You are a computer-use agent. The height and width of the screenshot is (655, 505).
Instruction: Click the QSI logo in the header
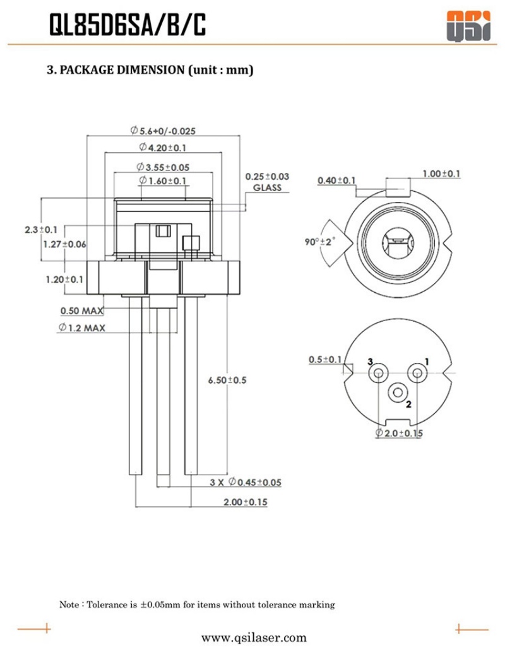(x=468, y=26)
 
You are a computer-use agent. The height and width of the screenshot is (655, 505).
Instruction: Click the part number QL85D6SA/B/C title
(x=128, y=25)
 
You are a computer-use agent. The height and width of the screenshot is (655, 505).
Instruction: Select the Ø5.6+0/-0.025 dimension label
(x=163, y=131)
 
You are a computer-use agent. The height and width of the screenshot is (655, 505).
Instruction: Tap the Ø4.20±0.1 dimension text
(x=163, y=148)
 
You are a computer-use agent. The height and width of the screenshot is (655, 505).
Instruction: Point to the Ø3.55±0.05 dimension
(x=163, y=167)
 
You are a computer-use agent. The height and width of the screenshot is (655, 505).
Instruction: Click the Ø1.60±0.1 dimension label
(x=163, y=181)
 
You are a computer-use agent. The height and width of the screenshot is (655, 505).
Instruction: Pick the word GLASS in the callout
(x=267, y=187)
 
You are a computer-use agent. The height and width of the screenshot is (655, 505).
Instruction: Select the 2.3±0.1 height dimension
(x=41, y=229)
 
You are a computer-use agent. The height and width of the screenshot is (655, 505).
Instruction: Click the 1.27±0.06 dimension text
(x=65, y=244)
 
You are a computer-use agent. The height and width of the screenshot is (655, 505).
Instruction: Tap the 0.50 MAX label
(x=82, y=311)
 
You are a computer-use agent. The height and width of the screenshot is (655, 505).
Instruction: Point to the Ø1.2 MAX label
(x=81, y=328)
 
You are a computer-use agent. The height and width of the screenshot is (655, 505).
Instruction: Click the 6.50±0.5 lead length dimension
(x=227, y=380)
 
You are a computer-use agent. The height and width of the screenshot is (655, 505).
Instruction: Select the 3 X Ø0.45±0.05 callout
(x=246, y=482)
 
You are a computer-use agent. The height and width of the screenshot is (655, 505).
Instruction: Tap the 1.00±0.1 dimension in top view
(x=441, y=174)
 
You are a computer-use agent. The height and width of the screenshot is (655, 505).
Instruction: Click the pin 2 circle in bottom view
(x=398, y=392)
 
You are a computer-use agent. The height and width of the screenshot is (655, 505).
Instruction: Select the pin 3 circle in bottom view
(x=378, y=373)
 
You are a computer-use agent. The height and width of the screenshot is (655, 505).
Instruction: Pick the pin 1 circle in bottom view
(x=417, y=373)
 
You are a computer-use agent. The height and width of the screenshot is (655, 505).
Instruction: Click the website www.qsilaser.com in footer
(x=254, y=638)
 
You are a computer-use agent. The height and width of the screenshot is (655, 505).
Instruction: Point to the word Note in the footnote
(x=69, y=605)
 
